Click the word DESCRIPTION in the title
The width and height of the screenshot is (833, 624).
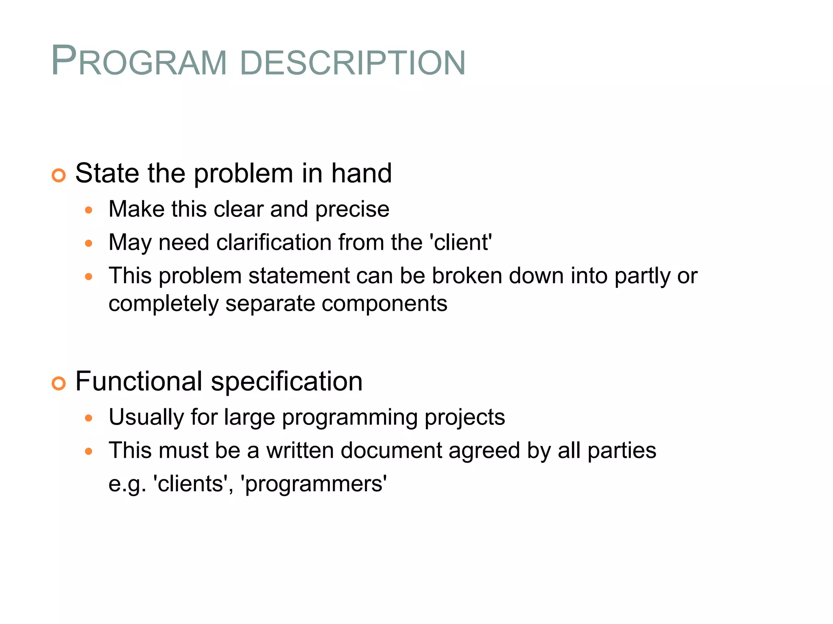[353, 63]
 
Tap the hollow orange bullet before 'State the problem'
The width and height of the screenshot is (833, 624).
[59, 175]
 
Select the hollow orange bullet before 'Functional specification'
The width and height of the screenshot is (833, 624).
[59, 383]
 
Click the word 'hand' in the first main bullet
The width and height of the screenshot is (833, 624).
[361, 173]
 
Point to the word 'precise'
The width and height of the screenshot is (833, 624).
[352, 210]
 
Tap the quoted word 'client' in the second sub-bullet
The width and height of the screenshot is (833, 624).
[461, 243]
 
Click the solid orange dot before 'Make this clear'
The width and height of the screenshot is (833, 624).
[89, 210]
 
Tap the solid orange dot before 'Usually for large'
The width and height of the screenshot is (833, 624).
[89, 418]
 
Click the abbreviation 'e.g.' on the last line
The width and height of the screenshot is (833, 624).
[127, 484]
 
